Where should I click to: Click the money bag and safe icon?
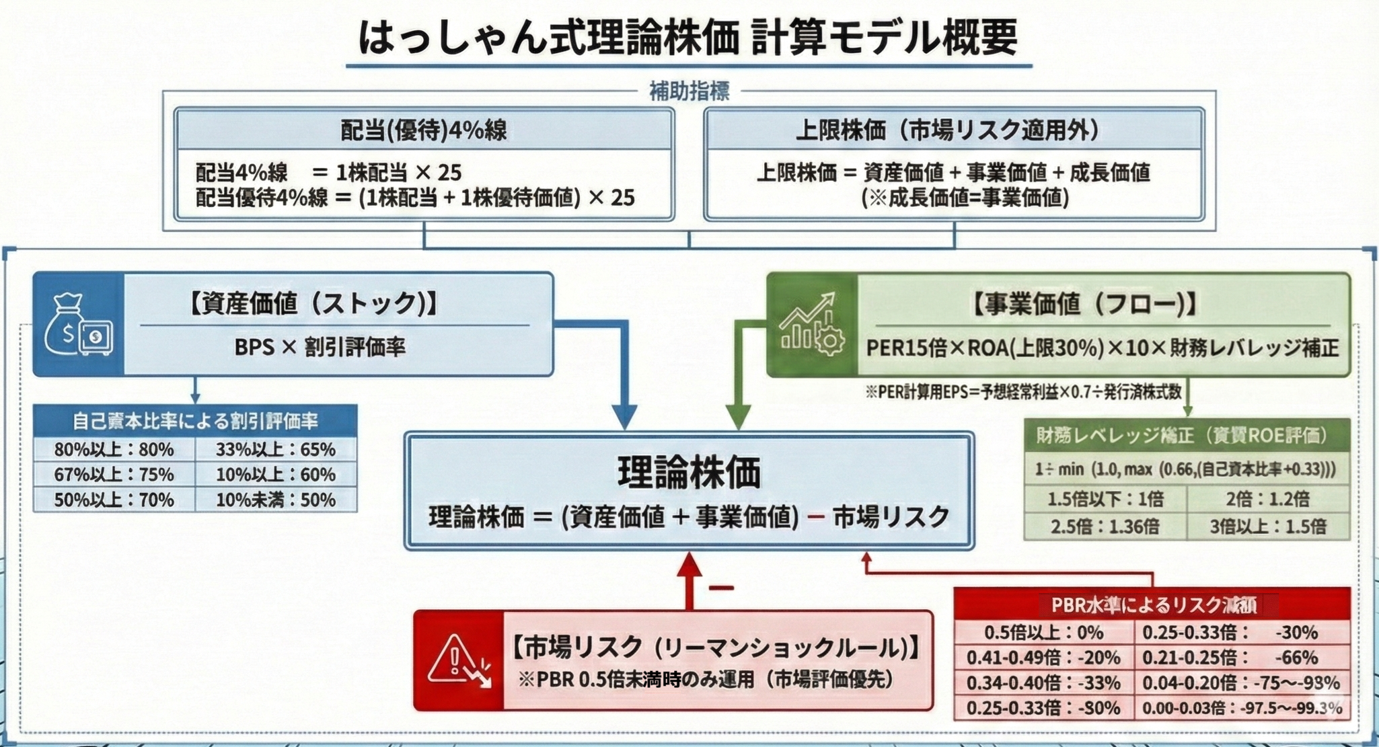78,325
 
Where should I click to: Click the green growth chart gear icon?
812,325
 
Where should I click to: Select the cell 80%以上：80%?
114,449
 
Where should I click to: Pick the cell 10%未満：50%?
276,500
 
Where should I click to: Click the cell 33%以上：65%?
276,449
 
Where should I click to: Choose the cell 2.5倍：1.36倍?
1105,526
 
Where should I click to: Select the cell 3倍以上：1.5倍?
1268,526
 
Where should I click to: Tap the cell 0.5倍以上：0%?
1043,632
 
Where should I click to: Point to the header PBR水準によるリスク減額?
1153,604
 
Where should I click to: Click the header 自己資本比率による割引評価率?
195,421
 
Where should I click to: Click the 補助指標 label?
689,91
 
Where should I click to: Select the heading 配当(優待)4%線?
424,130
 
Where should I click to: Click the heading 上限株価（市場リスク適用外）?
953,130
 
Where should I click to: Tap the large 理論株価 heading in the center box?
689,471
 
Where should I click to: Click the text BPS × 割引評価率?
320,347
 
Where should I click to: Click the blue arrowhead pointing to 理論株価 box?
625,417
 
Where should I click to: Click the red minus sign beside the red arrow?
720,588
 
